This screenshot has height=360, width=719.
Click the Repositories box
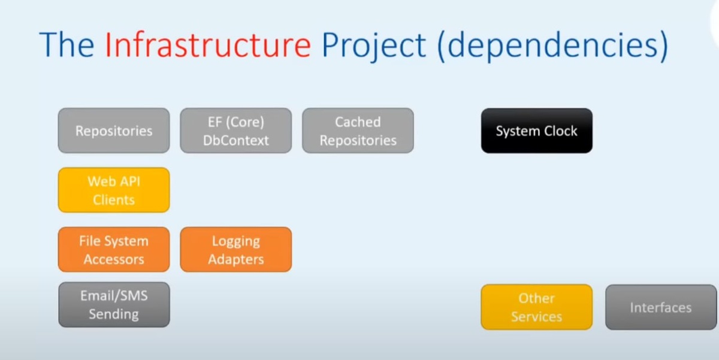[x=114, y=131]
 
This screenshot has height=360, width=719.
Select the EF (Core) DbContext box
[x=236, y=131]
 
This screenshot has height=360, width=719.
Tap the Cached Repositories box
[x=358, y=131]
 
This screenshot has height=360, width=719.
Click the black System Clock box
[x=536, y=131]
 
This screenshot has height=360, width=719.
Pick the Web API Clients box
[x=114, y=190]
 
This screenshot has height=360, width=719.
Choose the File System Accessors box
[x=114, y=250]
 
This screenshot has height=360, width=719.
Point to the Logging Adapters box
[x=236, y=250]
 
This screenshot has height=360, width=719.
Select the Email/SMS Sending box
[x=114, y=305]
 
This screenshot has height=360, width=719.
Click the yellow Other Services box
[x=536, y=307]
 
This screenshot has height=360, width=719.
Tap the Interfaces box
[x=660, y=307]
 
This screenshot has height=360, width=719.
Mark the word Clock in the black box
[x=557, y=131]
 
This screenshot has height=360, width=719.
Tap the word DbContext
[x=236, y=141]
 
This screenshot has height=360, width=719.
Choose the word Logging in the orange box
[x=236, y=241]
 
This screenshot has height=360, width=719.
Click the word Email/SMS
[x=114, y=296]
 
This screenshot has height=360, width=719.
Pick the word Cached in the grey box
[x=358, y=122]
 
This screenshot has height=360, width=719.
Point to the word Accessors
[x=114, y=259]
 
